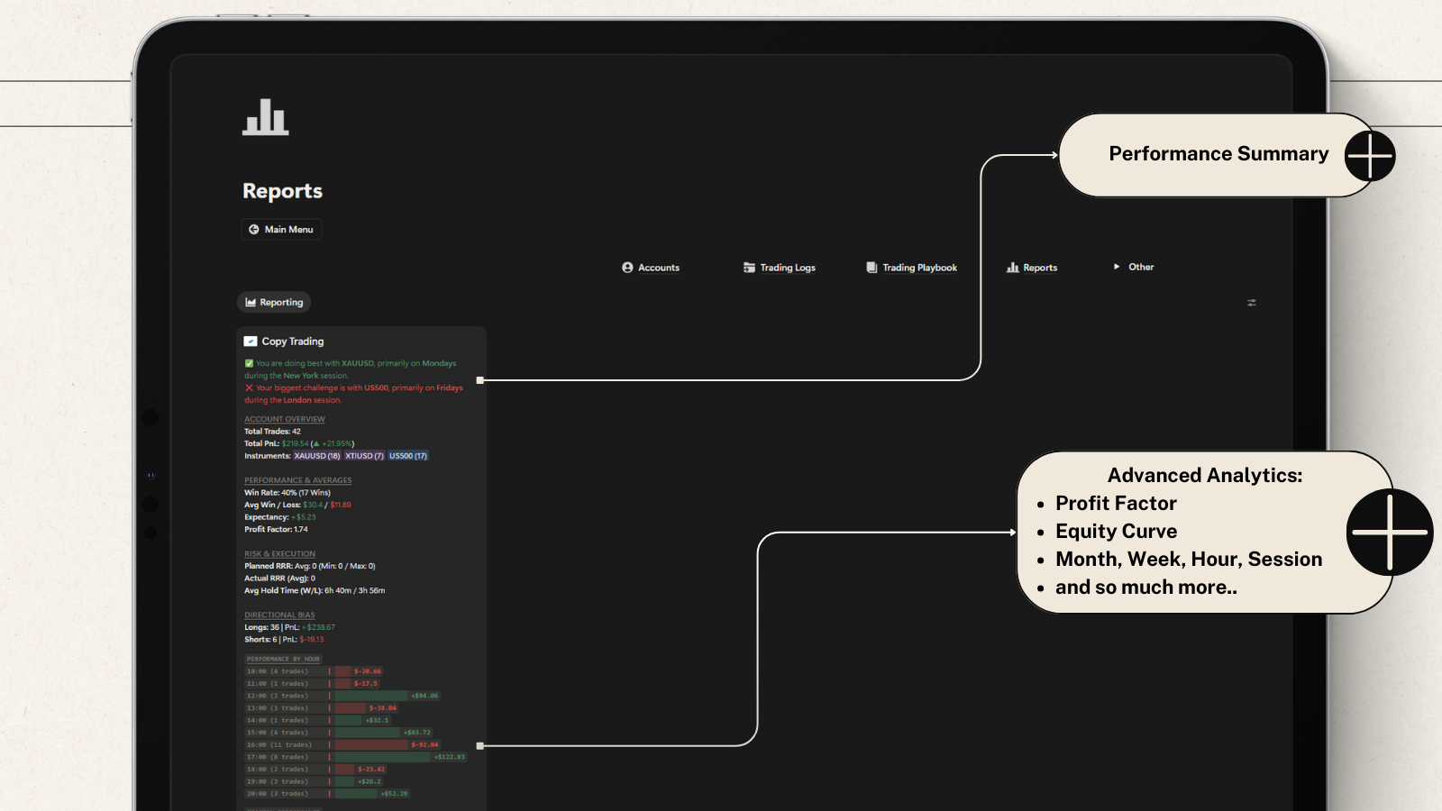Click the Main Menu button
point(281,230)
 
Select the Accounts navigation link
point(651,268)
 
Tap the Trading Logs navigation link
point(780,268)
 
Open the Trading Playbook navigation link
point(912,268)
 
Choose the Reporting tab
point(274,303)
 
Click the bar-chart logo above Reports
point(265,118)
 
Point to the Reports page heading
point(282,191)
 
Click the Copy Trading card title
point(292,342)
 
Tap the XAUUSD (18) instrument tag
point(317,456)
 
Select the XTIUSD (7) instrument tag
point(364,456)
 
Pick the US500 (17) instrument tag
point(408,456)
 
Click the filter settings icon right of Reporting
point(1252,303)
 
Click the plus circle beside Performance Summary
point(1370,155)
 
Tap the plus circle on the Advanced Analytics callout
point(1390,532)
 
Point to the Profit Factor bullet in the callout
point(1116,503)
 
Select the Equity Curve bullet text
point(1116,531)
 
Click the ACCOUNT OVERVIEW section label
point(285,419)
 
